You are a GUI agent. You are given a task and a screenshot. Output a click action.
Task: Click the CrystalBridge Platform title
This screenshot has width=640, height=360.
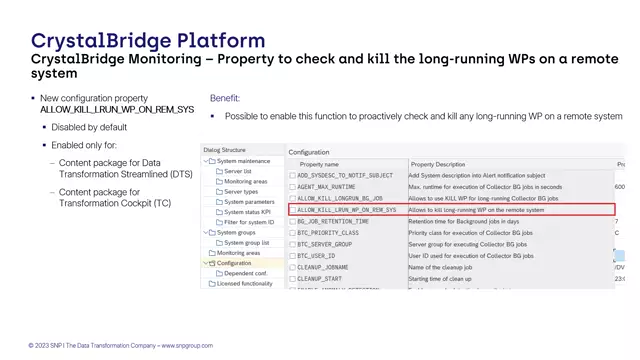tap(148, 41)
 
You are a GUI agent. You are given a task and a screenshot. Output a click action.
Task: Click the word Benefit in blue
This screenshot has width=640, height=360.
tap(225, 99)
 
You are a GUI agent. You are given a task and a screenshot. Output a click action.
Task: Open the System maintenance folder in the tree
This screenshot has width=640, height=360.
tap(243, 161)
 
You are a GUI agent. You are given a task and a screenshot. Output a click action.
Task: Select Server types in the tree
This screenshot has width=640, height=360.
tap(240, 191)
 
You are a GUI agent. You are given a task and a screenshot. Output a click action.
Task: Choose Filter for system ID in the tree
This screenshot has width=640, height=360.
tap(248, 222)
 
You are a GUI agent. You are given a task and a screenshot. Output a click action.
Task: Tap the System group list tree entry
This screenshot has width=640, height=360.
tap(248, 243)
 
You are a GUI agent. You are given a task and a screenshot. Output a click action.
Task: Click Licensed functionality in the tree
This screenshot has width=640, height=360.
tap(245, 284)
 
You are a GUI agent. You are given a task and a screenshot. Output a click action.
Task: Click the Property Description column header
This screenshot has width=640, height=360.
tap(438, 164)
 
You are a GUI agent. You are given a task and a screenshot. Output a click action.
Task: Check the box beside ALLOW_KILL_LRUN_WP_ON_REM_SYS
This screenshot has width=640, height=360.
tap(292, 210)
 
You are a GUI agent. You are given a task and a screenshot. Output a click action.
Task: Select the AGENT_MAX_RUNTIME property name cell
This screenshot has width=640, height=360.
tap(326, 187)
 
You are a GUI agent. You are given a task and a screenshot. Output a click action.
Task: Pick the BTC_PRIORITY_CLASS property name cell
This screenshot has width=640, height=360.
tap(328, 233)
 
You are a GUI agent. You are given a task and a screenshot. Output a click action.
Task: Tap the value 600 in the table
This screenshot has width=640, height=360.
tap(619, 187)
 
